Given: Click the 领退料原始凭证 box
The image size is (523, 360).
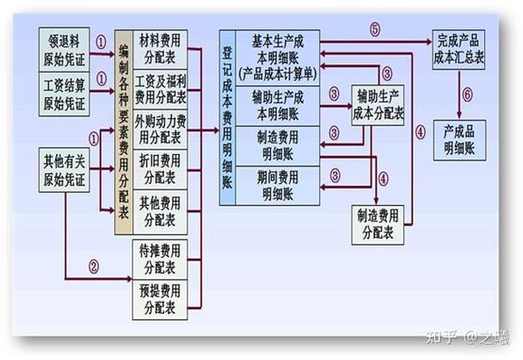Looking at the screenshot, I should (x=65, y=48).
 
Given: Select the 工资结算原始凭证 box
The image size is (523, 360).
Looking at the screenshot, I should (x=65, y=93).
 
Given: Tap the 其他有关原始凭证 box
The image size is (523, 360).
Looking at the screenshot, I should (x=65, y=169).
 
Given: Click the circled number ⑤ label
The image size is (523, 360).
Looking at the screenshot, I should (x=374, y=28).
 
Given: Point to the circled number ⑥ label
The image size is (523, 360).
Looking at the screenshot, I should (x=468, y=94).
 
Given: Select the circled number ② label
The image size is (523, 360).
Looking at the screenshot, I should (x=92, y=267).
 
